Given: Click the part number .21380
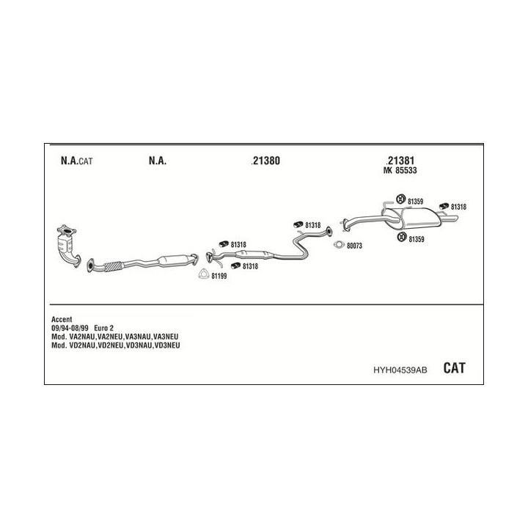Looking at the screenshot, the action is tap(265, 161).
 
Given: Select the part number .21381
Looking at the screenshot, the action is tap(400, 161).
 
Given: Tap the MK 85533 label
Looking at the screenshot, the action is tap(400, 171).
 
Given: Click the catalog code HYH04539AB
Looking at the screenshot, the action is tap(400, 370).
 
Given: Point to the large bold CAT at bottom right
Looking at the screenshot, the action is tap(454, 368).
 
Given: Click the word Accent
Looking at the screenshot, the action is tap(62, 319).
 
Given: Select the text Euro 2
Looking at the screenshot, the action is tap(103, 328).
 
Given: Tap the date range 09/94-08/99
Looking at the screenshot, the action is tap(70, 328).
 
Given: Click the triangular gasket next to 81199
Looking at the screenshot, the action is tap(203, 274).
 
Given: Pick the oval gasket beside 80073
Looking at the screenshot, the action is tap(339, 245).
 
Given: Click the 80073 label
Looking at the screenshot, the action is tap(354, 246).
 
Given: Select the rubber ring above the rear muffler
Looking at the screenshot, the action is tap(400, 199).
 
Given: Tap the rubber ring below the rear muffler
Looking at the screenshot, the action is tap(401, 237).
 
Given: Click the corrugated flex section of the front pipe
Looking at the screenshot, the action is tap(113, 266).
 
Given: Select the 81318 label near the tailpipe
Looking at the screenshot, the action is tap(458, 207).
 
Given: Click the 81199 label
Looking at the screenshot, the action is tap(219, 276).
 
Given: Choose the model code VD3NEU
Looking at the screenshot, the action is tap(167, 345).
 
